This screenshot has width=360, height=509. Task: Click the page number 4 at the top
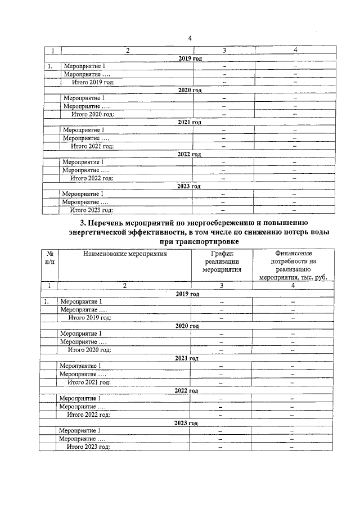(190, 38)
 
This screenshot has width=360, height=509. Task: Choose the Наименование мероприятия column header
(125, 254)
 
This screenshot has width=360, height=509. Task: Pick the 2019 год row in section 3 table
(187, 294)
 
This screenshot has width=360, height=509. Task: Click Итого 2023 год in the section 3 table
(88, 447)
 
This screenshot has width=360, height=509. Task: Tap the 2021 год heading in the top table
(189, 122)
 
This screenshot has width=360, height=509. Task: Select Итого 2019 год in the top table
(93, 82)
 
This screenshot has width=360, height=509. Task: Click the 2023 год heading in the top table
(189, 186)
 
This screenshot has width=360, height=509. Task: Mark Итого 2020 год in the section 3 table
(89, 350)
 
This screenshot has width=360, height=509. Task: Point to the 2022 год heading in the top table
(189, 154)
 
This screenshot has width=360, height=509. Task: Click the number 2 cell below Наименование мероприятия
(125, 286)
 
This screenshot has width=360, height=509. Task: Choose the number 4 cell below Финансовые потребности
(292, 286)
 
